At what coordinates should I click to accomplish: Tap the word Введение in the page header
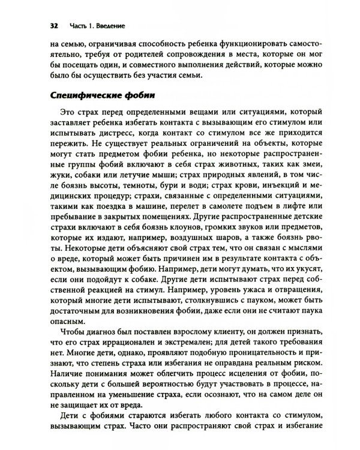tap(109, 26)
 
